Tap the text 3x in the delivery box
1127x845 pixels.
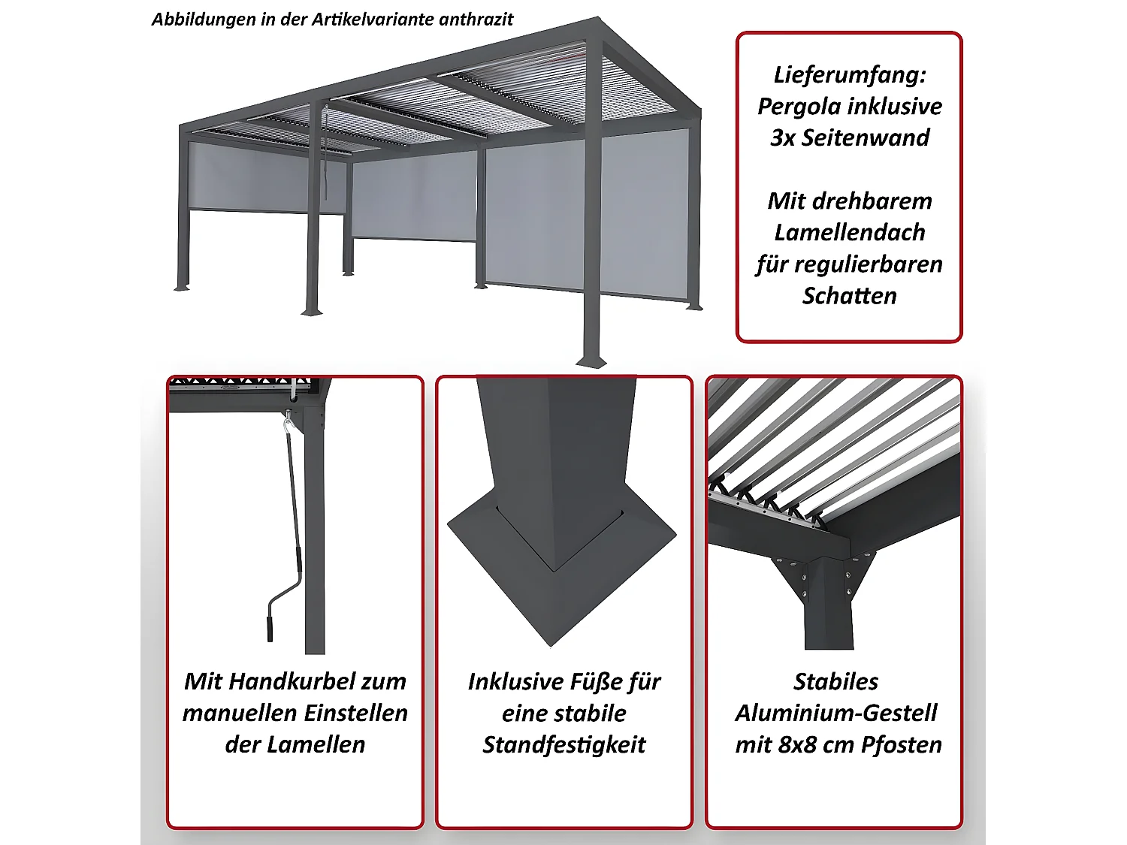click(x=783, y=138)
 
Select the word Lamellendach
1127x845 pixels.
click(x=849, y=233)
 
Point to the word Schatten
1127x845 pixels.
click(x=849, y=296)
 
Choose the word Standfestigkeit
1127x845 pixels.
click(x=563, y=744)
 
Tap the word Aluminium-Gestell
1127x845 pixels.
click(x=835, y=713)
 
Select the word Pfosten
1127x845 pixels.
click(x=901, y=744)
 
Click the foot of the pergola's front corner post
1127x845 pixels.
click(x=591, y=361)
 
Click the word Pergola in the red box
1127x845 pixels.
click(x=799, y=107)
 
